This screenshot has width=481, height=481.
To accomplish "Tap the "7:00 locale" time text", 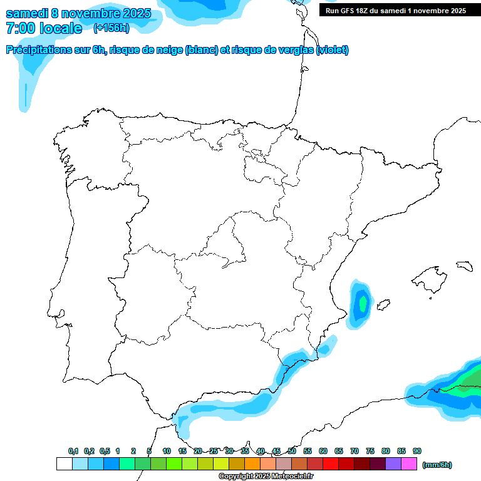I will click(x=43, y=28).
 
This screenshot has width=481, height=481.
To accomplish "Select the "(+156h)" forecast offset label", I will click(x=111, y=28).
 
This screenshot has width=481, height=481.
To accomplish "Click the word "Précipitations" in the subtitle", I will click(x=36, y=50).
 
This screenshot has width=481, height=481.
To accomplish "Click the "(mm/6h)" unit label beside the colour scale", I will click(x=437, y=465).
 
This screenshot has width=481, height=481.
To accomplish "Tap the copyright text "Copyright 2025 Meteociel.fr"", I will click(x=266, y=477).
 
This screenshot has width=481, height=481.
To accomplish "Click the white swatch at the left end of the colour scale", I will click(x=64, y=464).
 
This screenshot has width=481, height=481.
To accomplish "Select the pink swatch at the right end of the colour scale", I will click(x=409, y=464).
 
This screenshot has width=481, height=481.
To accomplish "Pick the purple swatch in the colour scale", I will click(x=393, y=464).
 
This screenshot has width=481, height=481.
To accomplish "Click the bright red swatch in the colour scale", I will click(x=331, y=464).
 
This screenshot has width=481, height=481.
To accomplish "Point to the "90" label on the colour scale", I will click(x=417, y=451).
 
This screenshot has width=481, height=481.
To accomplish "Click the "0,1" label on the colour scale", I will click(x=73, y=451).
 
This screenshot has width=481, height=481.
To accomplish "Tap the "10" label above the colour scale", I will click(x=167, y=451).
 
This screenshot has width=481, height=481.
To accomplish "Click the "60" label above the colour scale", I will click(x=323, y=451).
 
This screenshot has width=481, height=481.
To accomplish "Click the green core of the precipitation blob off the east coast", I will click(x=362, y=304).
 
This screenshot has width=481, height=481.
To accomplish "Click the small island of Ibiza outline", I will click(x=383, y=306).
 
